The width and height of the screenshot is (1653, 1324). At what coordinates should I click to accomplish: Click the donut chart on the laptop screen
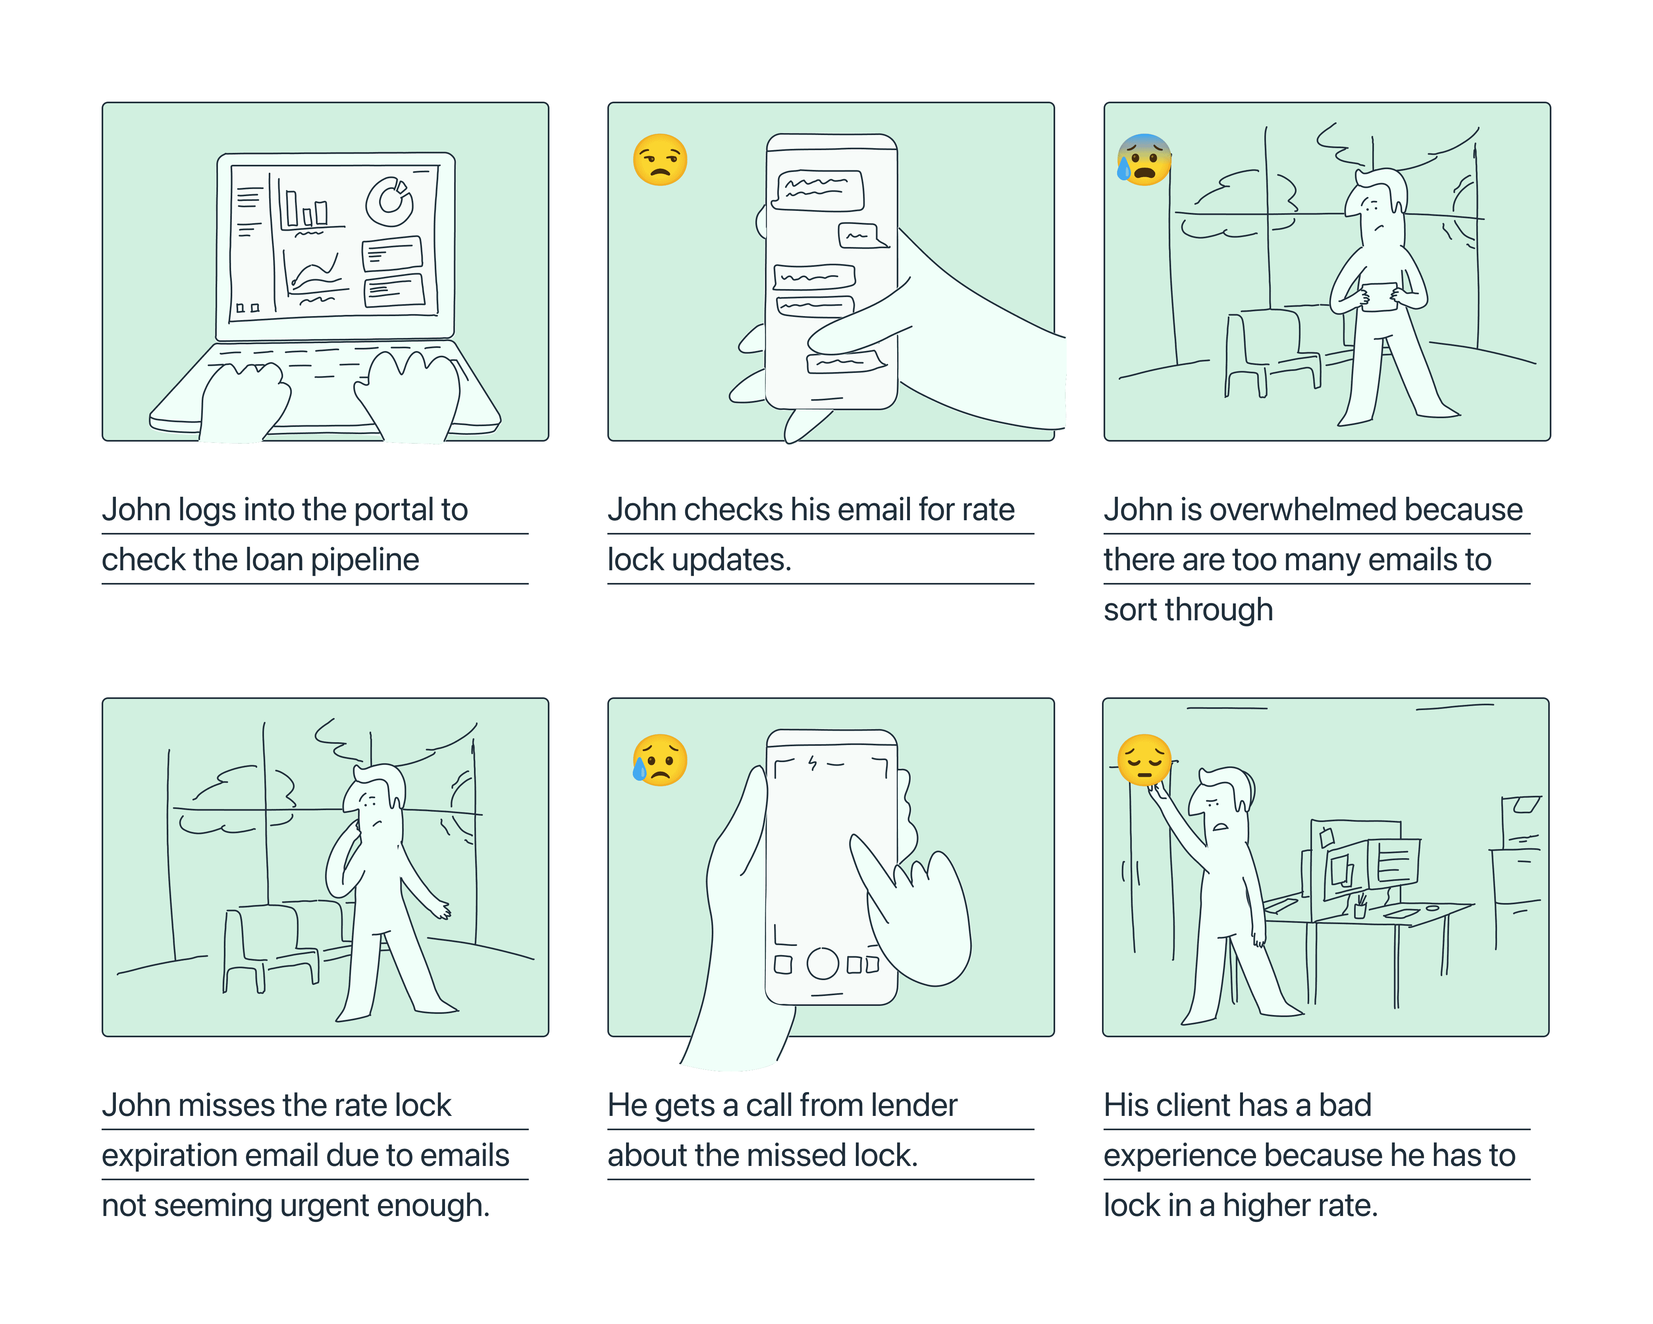tap(390, 201)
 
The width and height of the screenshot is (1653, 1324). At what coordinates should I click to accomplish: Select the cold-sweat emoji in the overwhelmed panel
tap(1144, 160)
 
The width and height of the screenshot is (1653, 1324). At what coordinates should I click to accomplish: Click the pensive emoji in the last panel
tap(1144, 760)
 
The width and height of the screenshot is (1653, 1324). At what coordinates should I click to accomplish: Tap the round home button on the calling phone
tap(823, 963)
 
